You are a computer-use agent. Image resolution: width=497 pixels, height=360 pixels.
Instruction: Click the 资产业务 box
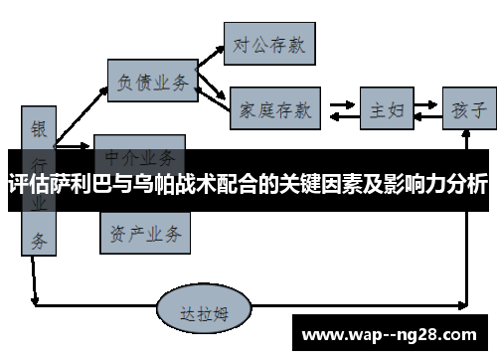(143, 234)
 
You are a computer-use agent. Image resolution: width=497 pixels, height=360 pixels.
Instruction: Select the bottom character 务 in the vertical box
(38, 240)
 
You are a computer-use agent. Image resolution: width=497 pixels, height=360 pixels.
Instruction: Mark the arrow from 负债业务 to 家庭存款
(213, 94)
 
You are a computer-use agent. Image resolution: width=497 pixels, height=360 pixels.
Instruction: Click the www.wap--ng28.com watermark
(389, 334)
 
